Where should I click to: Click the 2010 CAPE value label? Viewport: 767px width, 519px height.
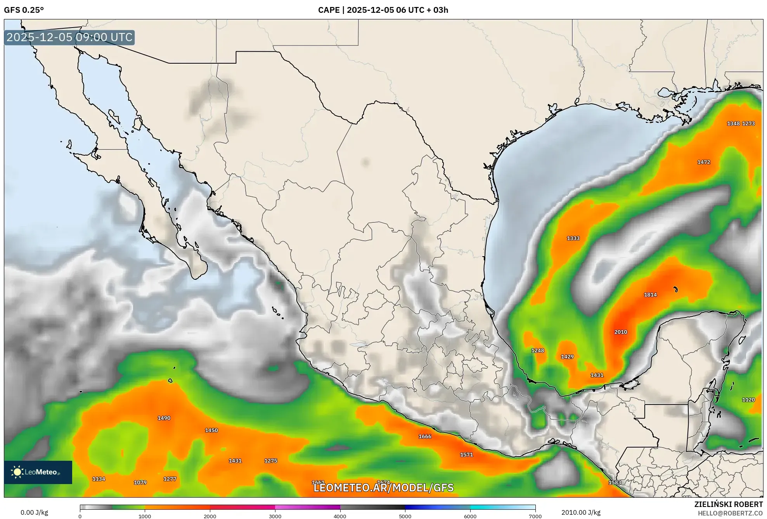click(620, 332)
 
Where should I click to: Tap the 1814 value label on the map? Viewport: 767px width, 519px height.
click(650, 295)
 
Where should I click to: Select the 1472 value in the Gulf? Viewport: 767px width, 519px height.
click(703, 162)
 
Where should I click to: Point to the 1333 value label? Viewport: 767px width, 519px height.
click(573, 238)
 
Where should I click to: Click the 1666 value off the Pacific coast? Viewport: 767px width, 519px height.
click(425, 436)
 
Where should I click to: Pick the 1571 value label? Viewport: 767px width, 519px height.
click(466, 455)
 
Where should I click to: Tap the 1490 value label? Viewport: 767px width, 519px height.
click(164, 418)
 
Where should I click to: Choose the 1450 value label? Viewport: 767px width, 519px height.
click(211, 430)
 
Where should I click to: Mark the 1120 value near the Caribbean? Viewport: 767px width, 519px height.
click(748, 399)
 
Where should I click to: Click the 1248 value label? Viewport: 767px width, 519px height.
click(537, 351)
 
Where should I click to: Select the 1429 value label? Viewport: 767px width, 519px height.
click(567, 357)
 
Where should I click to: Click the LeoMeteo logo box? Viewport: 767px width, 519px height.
click(38, 472)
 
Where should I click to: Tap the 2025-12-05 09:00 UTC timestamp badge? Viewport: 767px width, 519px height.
click(69, 37)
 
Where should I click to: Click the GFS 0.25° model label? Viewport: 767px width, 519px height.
click(24, 10)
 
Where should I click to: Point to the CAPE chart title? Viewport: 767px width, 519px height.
click(383, 10)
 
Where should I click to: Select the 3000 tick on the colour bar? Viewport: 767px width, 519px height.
click(275, 516)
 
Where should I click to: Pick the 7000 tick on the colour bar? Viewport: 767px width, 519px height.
click(535, 516)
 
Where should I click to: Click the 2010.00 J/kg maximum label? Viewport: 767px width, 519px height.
click(581, 512)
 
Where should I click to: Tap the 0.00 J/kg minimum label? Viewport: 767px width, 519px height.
click(34, 512)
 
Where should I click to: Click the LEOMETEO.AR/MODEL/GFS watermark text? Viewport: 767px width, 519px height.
click(383, 488)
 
